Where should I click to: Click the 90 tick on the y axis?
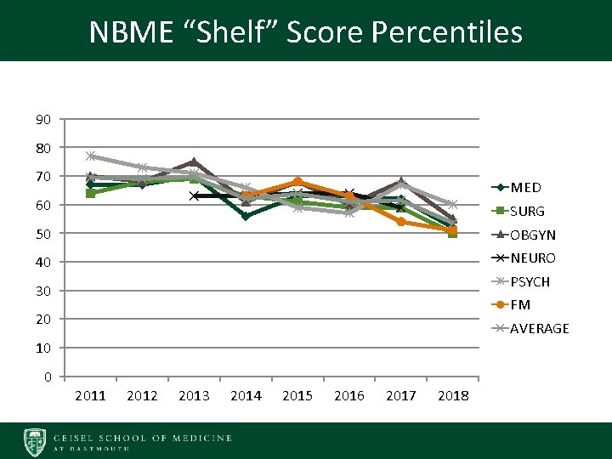[42, 119]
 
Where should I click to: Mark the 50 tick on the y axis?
[42, 234]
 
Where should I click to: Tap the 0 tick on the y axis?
[47, 377]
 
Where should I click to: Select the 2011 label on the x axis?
[91, 396]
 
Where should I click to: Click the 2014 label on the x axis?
[246, 396]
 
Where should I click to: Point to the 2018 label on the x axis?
[452, 396]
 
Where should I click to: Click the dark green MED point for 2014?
[246, 216]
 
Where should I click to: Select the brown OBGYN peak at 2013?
[194, 161]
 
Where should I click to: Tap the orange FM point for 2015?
[297, 181]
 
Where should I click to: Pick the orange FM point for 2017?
[400, 222]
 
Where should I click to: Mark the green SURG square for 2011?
[91, 193]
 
